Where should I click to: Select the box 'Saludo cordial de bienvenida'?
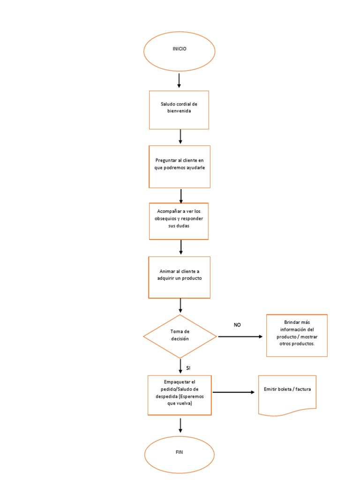[x=179, y=110]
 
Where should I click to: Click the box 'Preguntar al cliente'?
[x=179, y=166]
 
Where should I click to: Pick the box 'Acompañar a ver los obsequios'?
[x=179, y=221]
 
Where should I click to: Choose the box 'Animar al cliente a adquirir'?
[x=179, y=277]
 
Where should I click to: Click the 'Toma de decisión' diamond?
[x=180, y=336]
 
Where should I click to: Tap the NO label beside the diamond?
[x=237, y=325]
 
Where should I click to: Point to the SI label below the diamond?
[x=188, y=368]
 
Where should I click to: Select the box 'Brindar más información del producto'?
[x=297, y=336]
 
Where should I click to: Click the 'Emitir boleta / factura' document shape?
[x=287, y=394]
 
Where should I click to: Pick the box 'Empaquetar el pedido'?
[x=180, y=395]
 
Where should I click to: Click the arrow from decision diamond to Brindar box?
[x=240, y=337]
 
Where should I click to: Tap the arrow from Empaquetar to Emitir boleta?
[x=234, y=392]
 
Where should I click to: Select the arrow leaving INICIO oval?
[x=179, y=80]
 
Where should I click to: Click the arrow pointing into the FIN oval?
[x=180, y=425]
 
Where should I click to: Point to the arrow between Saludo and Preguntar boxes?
[x=180, y=136]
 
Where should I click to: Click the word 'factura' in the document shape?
[x=307, y=390]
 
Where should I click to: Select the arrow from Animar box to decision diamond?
[x=180, y=306]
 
